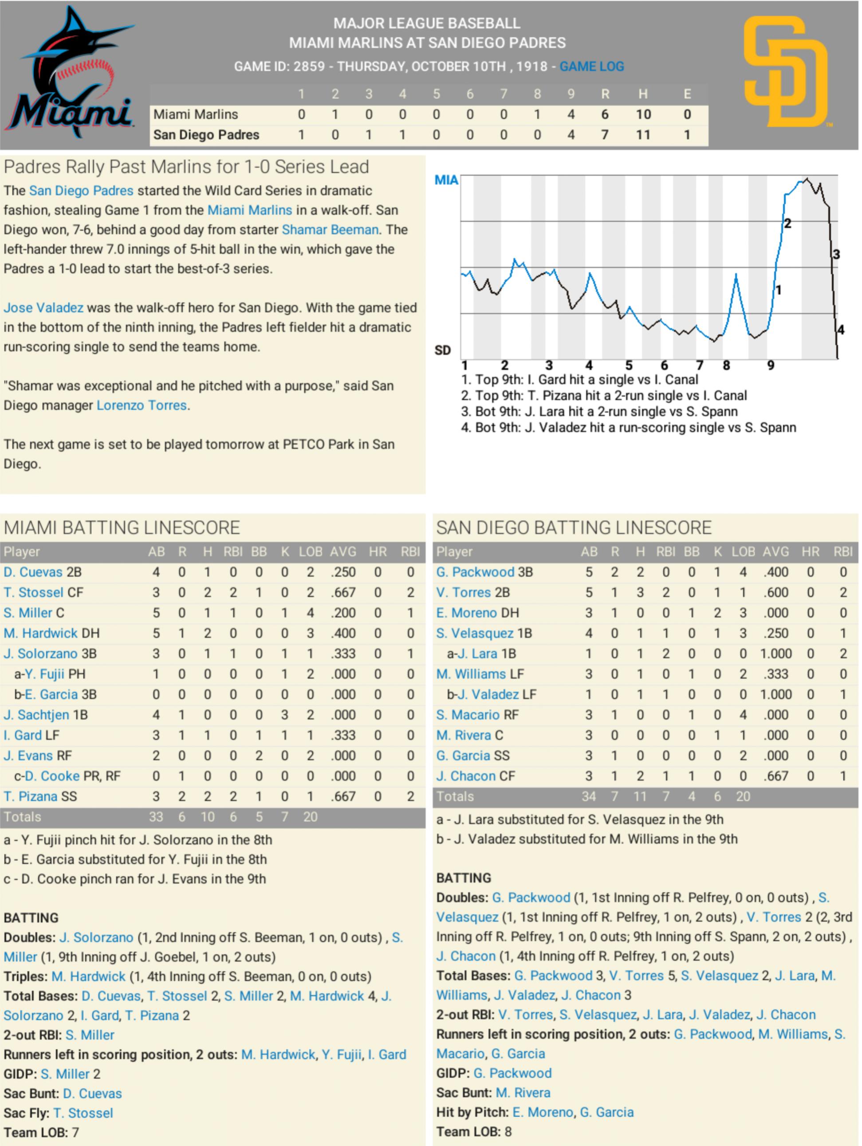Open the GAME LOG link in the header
point(591,66)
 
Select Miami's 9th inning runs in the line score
point(571,114)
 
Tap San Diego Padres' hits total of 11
point(643,135)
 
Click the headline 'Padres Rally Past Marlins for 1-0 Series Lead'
point(186,167)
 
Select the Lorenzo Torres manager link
point(142,405)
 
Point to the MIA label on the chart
point(446,180)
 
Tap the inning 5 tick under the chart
point(628,366)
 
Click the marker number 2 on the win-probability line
point(787,223)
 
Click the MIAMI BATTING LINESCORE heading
point(122,528)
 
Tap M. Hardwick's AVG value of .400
point(343,633)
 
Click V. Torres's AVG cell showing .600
point(775,592)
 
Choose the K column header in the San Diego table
point(717,552)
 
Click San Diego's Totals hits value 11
point(640,796)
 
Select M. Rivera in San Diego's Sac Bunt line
point(523,1093)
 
